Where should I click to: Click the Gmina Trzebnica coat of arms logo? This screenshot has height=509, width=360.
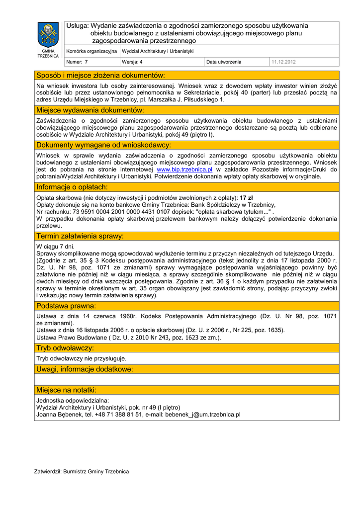(x=48, y=35)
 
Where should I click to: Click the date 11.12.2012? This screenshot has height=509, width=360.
(x=283, y=62)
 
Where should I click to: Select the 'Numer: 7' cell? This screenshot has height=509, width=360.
(x=77, y=62)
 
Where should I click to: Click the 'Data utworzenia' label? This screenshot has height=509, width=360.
(x=224, y=62)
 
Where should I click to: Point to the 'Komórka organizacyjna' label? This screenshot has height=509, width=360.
(x=91, y=51)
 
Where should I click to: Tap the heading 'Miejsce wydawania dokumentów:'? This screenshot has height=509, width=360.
(x=90, y=110)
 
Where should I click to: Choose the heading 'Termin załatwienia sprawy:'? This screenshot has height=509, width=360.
(x=80, y=236)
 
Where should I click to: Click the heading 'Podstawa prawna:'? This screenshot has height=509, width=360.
(x=66, y=306)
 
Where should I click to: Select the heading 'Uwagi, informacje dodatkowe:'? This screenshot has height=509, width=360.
(x=85, y=369)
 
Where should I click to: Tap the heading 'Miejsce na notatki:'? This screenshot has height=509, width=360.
(x=67, y=390)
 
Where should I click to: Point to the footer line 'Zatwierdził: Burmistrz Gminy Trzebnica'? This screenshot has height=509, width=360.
(x=82, y=471)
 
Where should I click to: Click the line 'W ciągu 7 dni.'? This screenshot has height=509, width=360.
(x=56, y=247)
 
